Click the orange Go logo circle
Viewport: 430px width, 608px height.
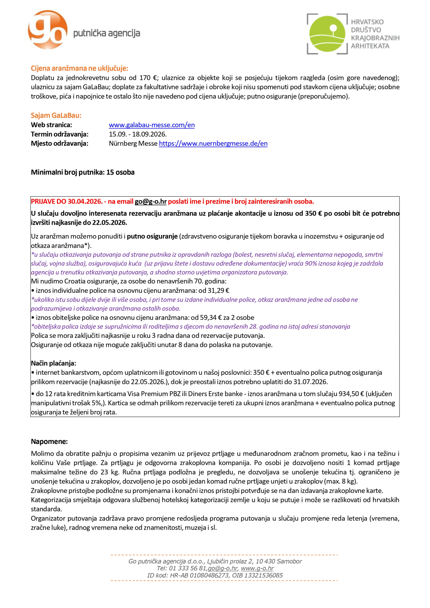[x=48, y=30]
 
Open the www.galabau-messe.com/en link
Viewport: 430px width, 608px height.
[x=152, y=125]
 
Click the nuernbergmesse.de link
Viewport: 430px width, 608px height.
[x=213, y=144]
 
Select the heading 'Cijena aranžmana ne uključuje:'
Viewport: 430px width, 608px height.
[x=80, y=68]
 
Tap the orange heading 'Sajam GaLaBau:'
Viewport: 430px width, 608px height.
[x=56, y=115]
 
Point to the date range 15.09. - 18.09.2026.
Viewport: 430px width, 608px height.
[x=138, y=134]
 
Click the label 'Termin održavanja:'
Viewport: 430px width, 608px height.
[x=59, y=134]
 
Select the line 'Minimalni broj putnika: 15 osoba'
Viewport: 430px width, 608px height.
[x=83, y=172]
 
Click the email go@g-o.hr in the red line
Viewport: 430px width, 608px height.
[x=150, y=202]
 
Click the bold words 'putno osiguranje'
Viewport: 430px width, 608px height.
[x=152, y=236]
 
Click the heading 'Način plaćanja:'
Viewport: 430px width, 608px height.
[x=53, y=363]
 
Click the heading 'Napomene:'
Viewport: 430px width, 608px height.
[x=49, y=442]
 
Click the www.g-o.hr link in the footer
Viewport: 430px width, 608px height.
[x=257, y=569]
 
